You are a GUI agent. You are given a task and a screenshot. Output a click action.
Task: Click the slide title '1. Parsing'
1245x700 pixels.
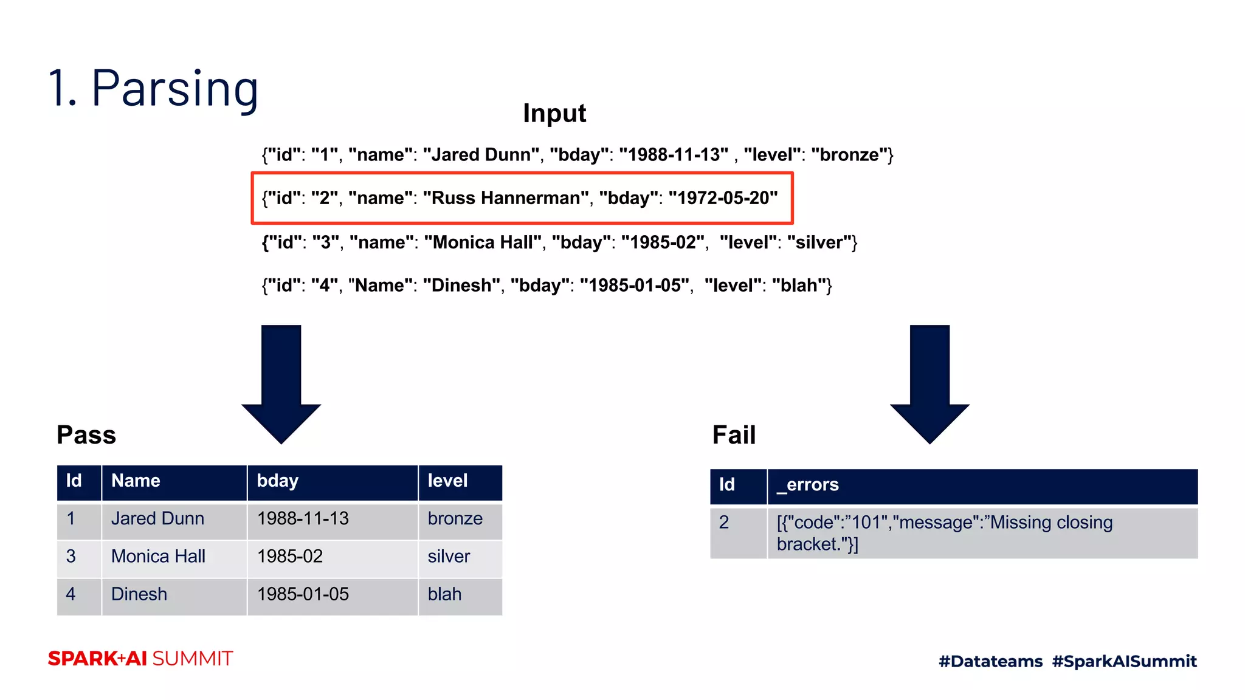pos(153,89)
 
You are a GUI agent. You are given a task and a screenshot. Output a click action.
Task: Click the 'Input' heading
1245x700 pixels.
pos(554,114)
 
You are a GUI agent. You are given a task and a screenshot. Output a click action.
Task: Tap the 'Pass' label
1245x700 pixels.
pos(86,435)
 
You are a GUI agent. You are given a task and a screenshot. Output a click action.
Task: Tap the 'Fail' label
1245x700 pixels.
pos(734,435)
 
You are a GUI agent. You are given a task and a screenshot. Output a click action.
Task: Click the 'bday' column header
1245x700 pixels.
pos(278,481)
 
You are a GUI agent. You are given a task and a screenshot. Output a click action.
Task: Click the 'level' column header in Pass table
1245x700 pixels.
pos(447,481)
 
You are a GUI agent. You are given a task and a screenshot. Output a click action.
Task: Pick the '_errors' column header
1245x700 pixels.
pos(807,485)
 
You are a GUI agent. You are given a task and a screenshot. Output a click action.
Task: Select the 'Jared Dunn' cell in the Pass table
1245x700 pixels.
pos(157,519)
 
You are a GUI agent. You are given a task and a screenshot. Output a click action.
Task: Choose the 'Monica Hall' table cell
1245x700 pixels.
pos(158,557)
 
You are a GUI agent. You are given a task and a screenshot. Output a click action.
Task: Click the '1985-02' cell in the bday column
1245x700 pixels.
pos(290,557)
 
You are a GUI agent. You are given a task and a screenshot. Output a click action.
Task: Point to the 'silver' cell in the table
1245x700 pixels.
pos(449,557)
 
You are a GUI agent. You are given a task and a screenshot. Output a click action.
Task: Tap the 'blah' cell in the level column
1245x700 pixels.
pos(444,594)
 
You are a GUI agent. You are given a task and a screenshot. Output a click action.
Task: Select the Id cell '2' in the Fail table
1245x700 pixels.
pos(724,523)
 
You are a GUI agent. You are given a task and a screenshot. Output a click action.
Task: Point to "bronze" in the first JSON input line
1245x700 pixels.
pos(850,155)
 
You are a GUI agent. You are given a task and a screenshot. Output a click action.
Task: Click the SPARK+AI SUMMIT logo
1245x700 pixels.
pos(140,659)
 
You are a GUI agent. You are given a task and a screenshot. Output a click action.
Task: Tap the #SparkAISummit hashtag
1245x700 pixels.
pos(1124,661)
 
